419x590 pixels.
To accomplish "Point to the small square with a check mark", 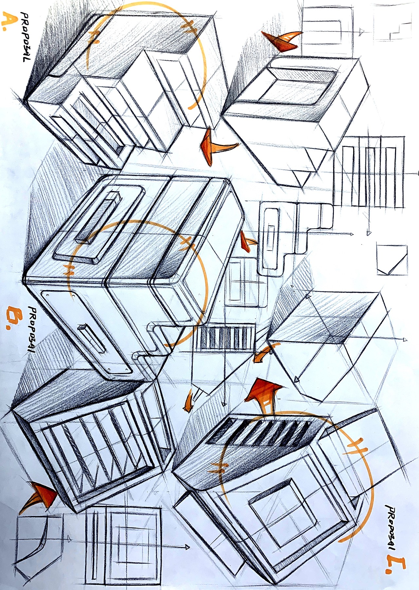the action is tap(392, 260).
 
